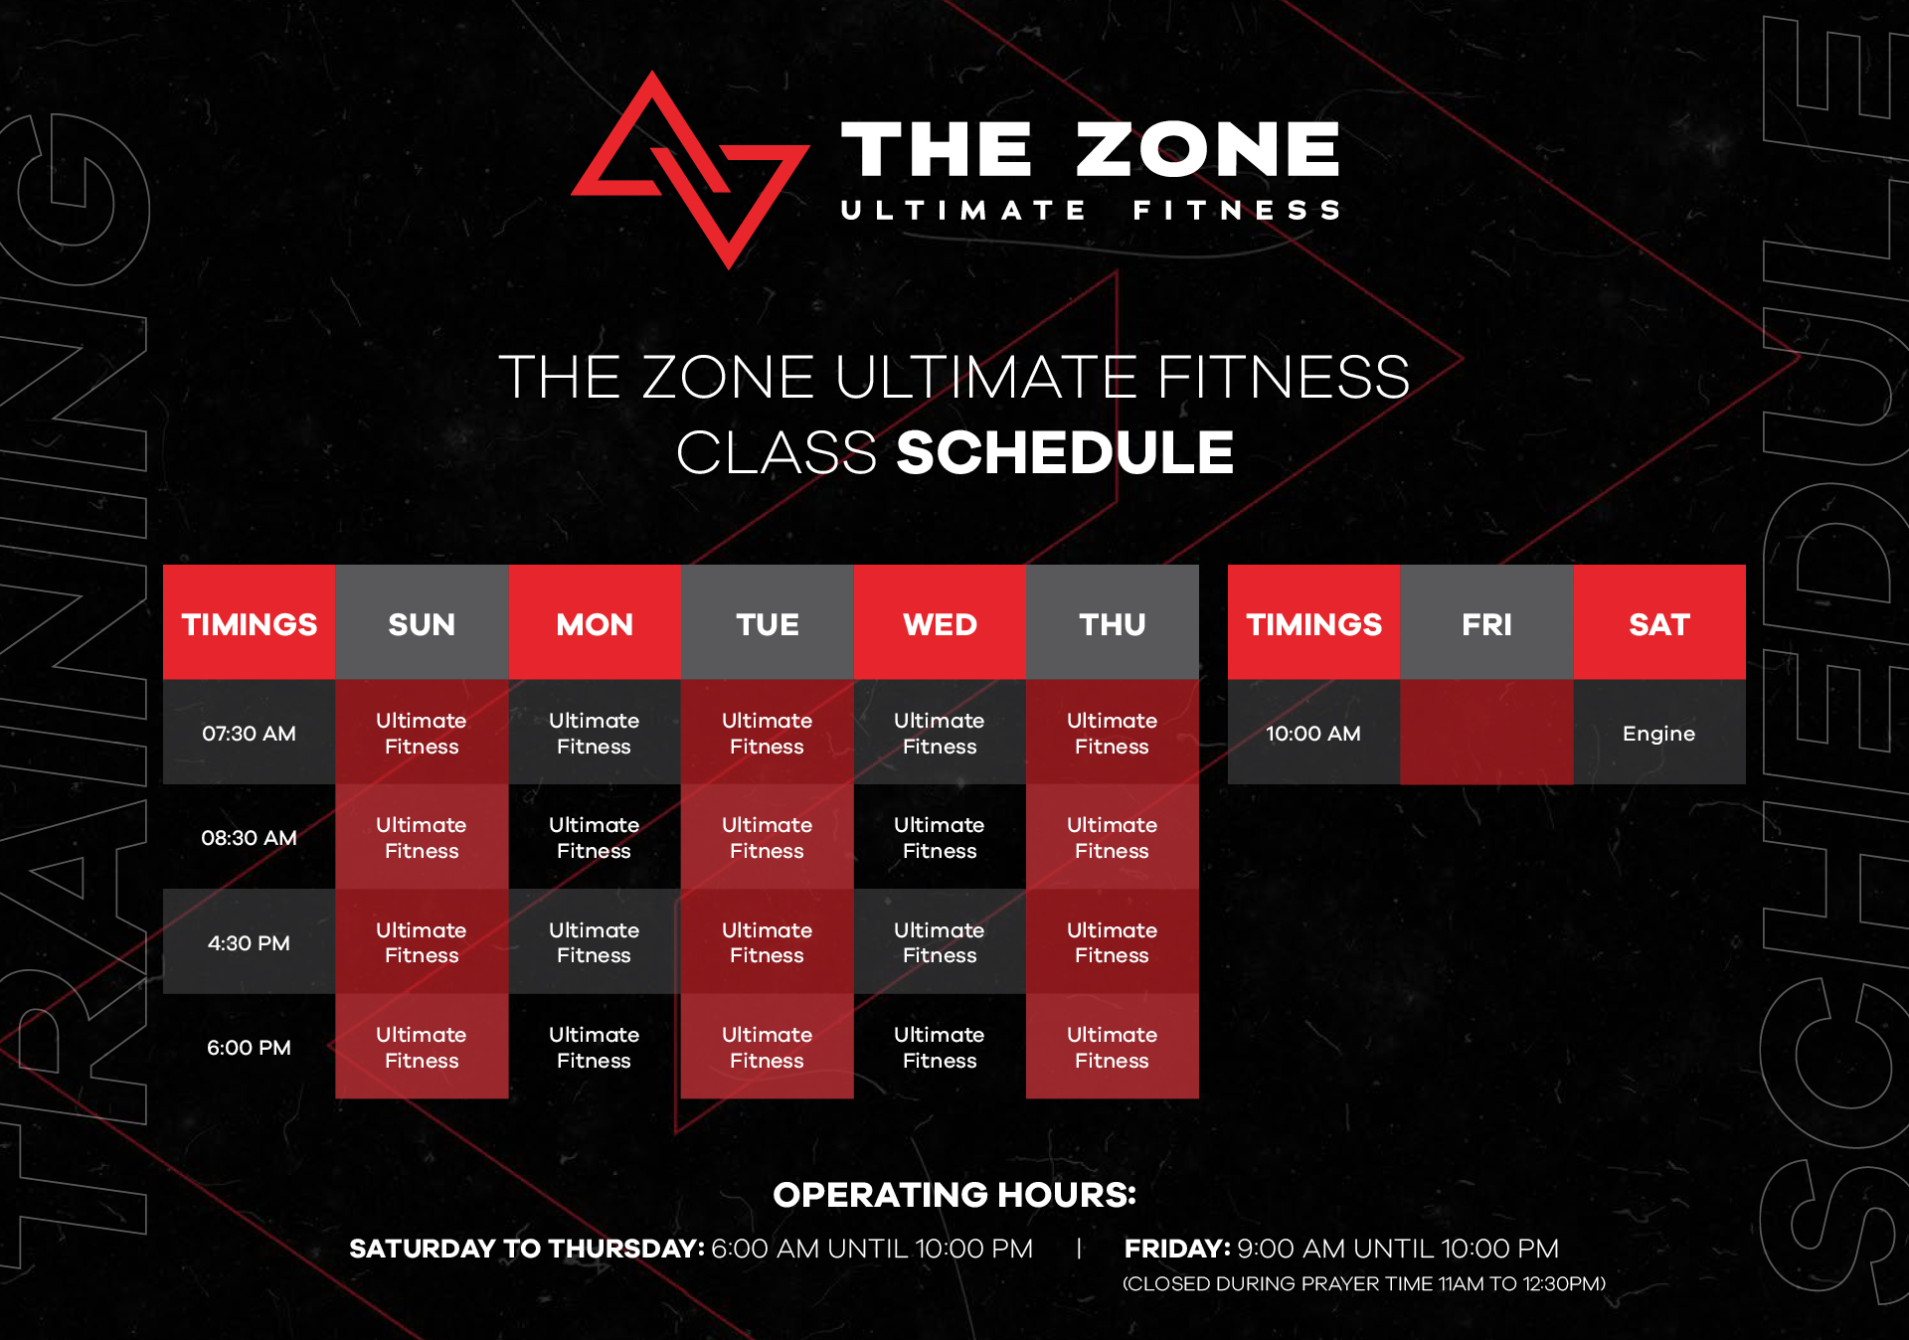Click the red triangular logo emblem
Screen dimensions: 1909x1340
point(690,169)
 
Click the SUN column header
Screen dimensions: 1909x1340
point(422,623)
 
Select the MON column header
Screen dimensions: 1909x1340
point(595,623)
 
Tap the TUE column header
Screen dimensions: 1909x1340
point(768,623)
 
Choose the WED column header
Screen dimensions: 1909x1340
point(940,623)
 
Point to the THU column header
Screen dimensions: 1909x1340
point(1113,623)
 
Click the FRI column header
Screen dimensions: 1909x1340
point(1486,623)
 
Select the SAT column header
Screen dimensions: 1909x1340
point(1659,623)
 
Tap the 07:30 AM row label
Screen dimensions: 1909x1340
point(250,733)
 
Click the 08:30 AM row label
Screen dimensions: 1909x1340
point(250,837)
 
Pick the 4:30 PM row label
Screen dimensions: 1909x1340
point(250,942)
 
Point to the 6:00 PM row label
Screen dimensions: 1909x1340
point(250,1047)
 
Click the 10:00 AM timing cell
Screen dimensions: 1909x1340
point(1313,733)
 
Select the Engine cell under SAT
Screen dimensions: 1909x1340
point(1659,733)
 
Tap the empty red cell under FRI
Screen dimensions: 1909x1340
point(1486,733)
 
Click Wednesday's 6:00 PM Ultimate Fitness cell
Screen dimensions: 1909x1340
point(940,1047)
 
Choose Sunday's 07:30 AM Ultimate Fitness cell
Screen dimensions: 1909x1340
point(422,733)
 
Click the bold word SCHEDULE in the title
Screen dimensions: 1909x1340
point(1065,453)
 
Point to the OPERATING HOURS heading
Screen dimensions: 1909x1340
point(954,1194)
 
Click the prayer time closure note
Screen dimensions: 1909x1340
point(1364,1283)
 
